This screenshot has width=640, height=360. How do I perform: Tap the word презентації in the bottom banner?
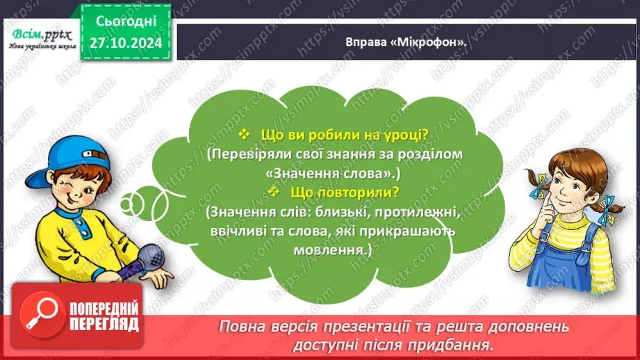click(x=396, y=326)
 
